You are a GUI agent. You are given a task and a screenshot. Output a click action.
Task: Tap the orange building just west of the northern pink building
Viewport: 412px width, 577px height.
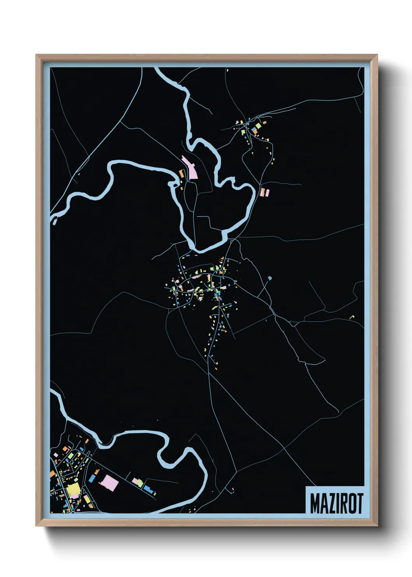click(x=181, y=174)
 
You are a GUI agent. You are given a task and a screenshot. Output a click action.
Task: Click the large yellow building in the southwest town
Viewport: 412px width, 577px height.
click(x=73, y=490)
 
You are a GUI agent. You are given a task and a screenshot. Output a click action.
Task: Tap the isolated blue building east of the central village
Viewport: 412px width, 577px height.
click(x=269, y=278)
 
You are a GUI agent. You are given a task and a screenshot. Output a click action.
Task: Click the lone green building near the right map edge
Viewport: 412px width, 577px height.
click(x=353, y=316)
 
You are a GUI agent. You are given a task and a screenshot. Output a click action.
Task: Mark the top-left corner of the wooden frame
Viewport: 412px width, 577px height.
click(x=36, y=55)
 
